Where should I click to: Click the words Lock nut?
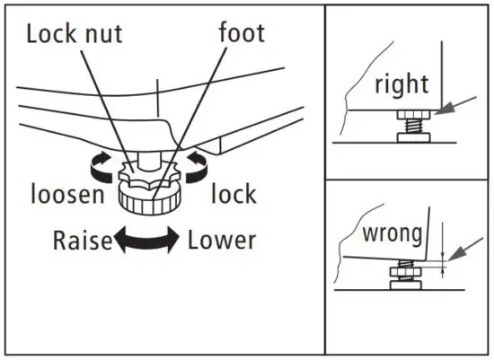pos(75,34)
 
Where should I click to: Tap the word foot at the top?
pos(242,33)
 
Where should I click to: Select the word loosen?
pos(66,194)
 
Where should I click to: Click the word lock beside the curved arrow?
pos(234,194)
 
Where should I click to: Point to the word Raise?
pos(82,241)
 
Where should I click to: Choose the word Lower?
pos(222,241)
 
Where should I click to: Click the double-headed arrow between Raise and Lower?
pos(149,241)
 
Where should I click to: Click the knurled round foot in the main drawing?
pos(149,194)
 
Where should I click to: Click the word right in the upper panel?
pos(401,86)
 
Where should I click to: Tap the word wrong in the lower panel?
pos(392,234)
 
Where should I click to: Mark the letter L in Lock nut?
pos(32,34)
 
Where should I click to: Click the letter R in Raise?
pos(60,241)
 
